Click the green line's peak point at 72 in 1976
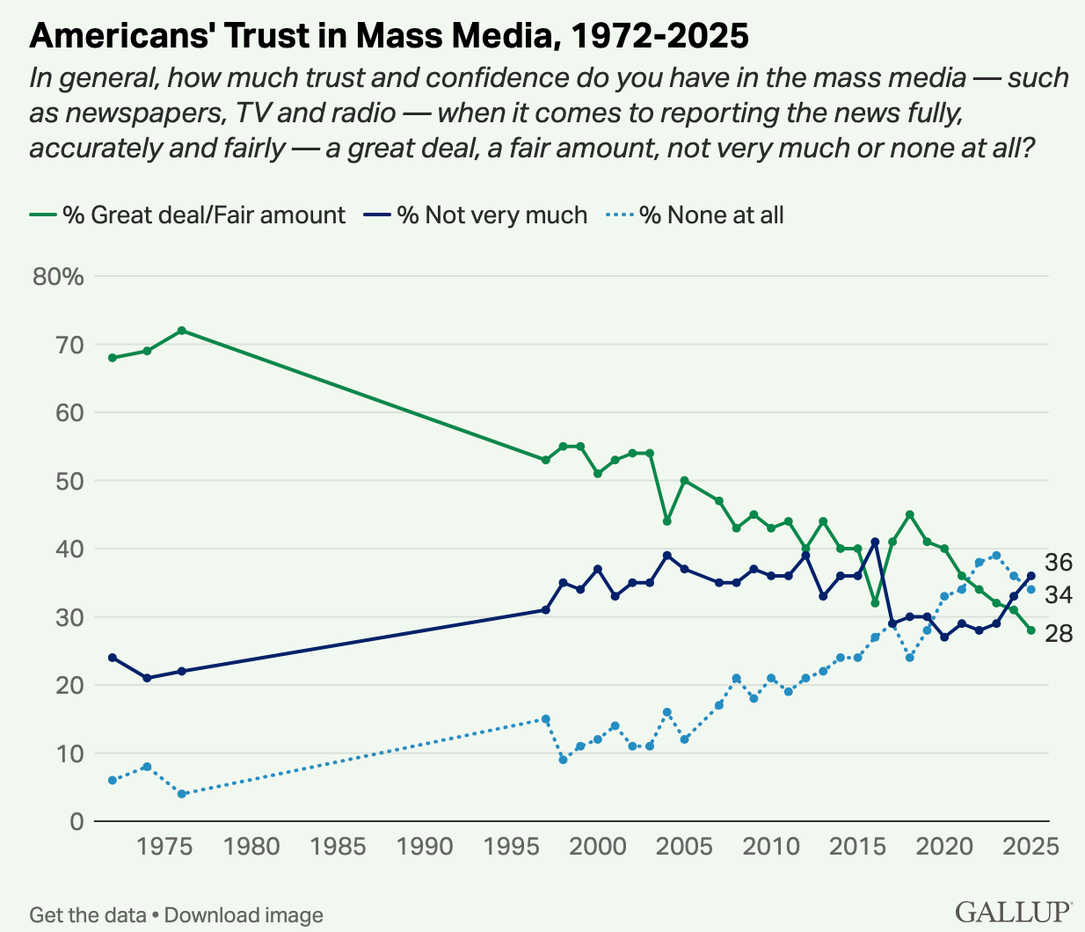click(182, 331)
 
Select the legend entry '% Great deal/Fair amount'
click(188, 215)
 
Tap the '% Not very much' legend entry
click(476, 215)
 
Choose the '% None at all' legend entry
click(695, 215)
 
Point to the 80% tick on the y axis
click(58, 277)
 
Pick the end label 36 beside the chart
click(1059, 563)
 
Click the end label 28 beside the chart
click(1059, 633)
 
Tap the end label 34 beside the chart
click(1059, 595)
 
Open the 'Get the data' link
click(88, 915)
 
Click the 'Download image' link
click(244, 915)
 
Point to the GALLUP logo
click(1013, 912)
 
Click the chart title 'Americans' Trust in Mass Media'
click(389, 36)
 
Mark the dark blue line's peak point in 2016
click(875, 542)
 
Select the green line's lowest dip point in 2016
click(875, 603)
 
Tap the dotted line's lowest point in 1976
click(182, 794)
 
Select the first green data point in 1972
click(113, 358)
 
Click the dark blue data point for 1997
click(546, 610)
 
